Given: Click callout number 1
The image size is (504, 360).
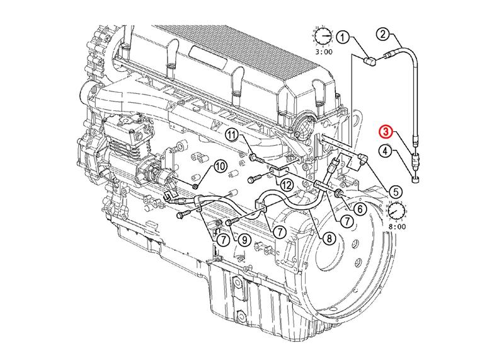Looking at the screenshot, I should [342, 38].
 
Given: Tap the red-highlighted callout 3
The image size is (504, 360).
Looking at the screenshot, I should [386, 132].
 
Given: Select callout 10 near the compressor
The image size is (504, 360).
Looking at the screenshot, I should [220, 166].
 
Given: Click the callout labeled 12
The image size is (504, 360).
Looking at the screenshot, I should [286, 185].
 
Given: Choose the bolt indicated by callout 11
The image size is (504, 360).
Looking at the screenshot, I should [252, 156].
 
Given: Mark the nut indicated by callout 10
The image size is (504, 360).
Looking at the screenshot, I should [196, 186].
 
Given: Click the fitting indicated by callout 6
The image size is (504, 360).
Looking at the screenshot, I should [339, 192].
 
